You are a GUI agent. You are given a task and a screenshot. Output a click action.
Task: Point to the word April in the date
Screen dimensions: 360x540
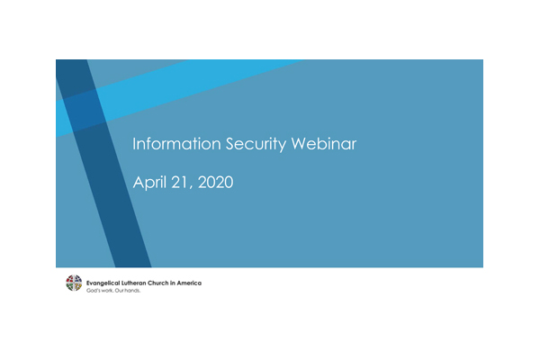[149, 183]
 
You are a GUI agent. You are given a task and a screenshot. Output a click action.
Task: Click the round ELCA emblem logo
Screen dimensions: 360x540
[74, 283]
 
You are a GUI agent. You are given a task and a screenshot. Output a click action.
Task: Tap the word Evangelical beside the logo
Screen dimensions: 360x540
[103, 283]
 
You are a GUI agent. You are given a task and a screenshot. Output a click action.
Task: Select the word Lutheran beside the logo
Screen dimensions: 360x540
[138, 283]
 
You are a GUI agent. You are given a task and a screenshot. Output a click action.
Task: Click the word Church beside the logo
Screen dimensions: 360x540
[166, 283]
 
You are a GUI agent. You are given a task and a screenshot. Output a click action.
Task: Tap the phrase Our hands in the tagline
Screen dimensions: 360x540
[125, 290]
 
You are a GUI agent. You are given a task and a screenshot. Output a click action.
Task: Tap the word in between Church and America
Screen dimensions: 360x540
[180, 283]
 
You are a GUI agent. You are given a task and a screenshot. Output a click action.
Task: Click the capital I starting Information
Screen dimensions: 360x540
[135, 144]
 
